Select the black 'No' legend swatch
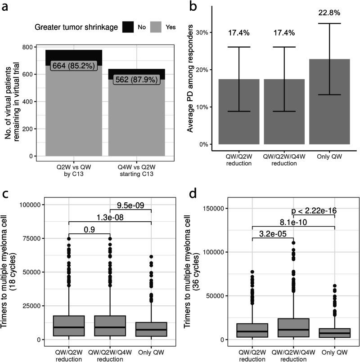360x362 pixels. click(126, 27)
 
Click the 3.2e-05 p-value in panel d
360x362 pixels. click(273, 233)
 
